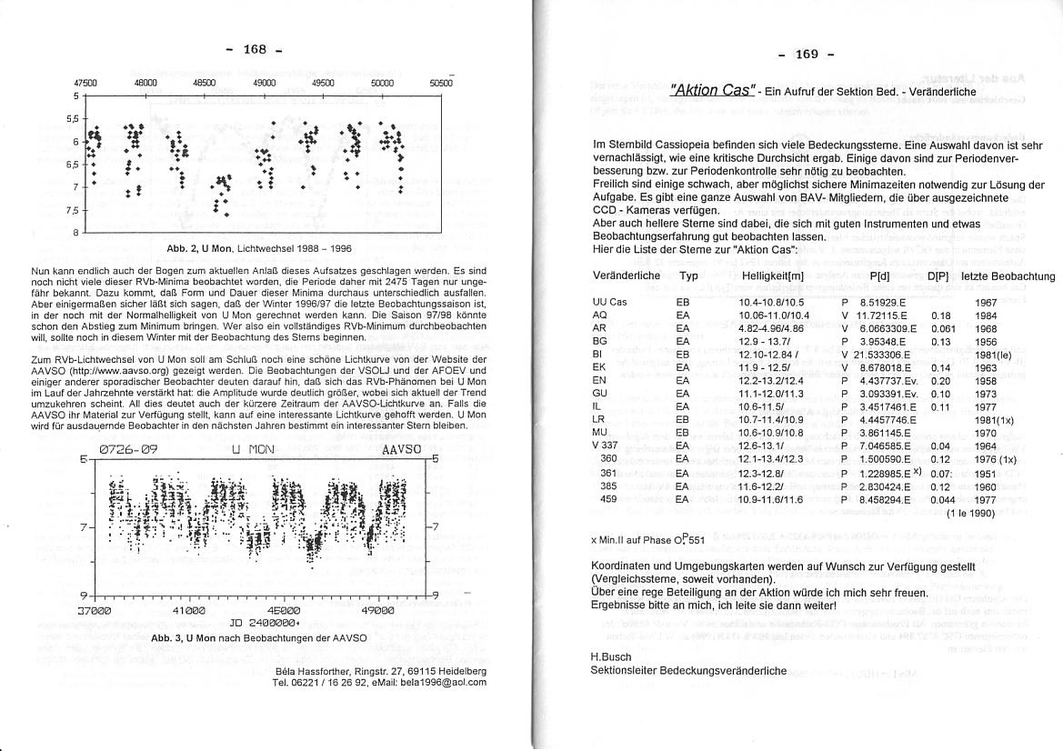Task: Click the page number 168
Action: pyautogui.click(x=255, y=49)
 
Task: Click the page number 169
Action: pyautogui.click(x=807, y=55)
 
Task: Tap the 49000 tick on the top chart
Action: pyautogui.click(x=265, y=82)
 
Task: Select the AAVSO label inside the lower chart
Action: pyautogui.click(x=401, y=449)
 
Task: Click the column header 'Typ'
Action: pyautogui.click(x=688, y=275)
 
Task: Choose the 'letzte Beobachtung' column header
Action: pyautogui.click(x=1008, y=275)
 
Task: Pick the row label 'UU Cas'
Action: pyautogui.click(x=609, y=301)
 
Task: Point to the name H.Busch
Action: pyautogui.click(x=610, y=656)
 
